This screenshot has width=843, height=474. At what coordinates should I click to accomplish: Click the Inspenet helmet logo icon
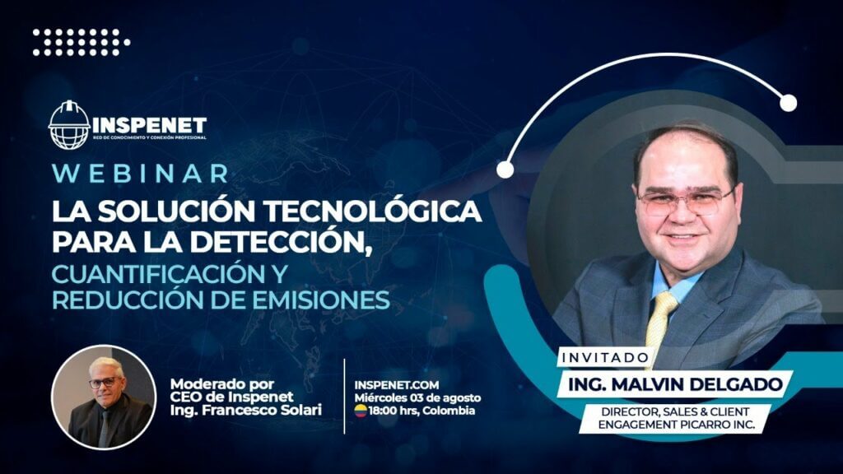click(x=69, y=125)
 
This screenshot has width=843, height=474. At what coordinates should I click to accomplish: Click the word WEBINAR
click(x=141, y=174)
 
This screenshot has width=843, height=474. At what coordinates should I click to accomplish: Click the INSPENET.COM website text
click(x=397, y=385)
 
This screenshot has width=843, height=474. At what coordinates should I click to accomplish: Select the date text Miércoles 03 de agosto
click(x=417, y=398)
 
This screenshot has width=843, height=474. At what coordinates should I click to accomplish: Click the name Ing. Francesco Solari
click(x=245, y=410)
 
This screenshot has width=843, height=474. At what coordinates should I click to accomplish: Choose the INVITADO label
click(x=605, y=357)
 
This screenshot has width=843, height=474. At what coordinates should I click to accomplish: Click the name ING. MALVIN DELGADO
click(x=675, y=384)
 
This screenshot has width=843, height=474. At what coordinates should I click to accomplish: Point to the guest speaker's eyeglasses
click(x=686, y=201)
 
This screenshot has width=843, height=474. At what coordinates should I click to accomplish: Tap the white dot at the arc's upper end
click(x=788, y=103)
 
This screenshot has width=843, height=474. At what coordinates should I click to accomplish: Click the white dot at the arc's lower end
click(x=505, y=170)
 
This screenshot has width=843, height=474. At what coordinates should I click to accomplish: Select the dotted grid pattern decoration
click(x=82, y=43)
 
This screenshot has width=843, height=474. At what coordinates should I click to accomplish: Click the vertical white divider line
click(x=345, y=396)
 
